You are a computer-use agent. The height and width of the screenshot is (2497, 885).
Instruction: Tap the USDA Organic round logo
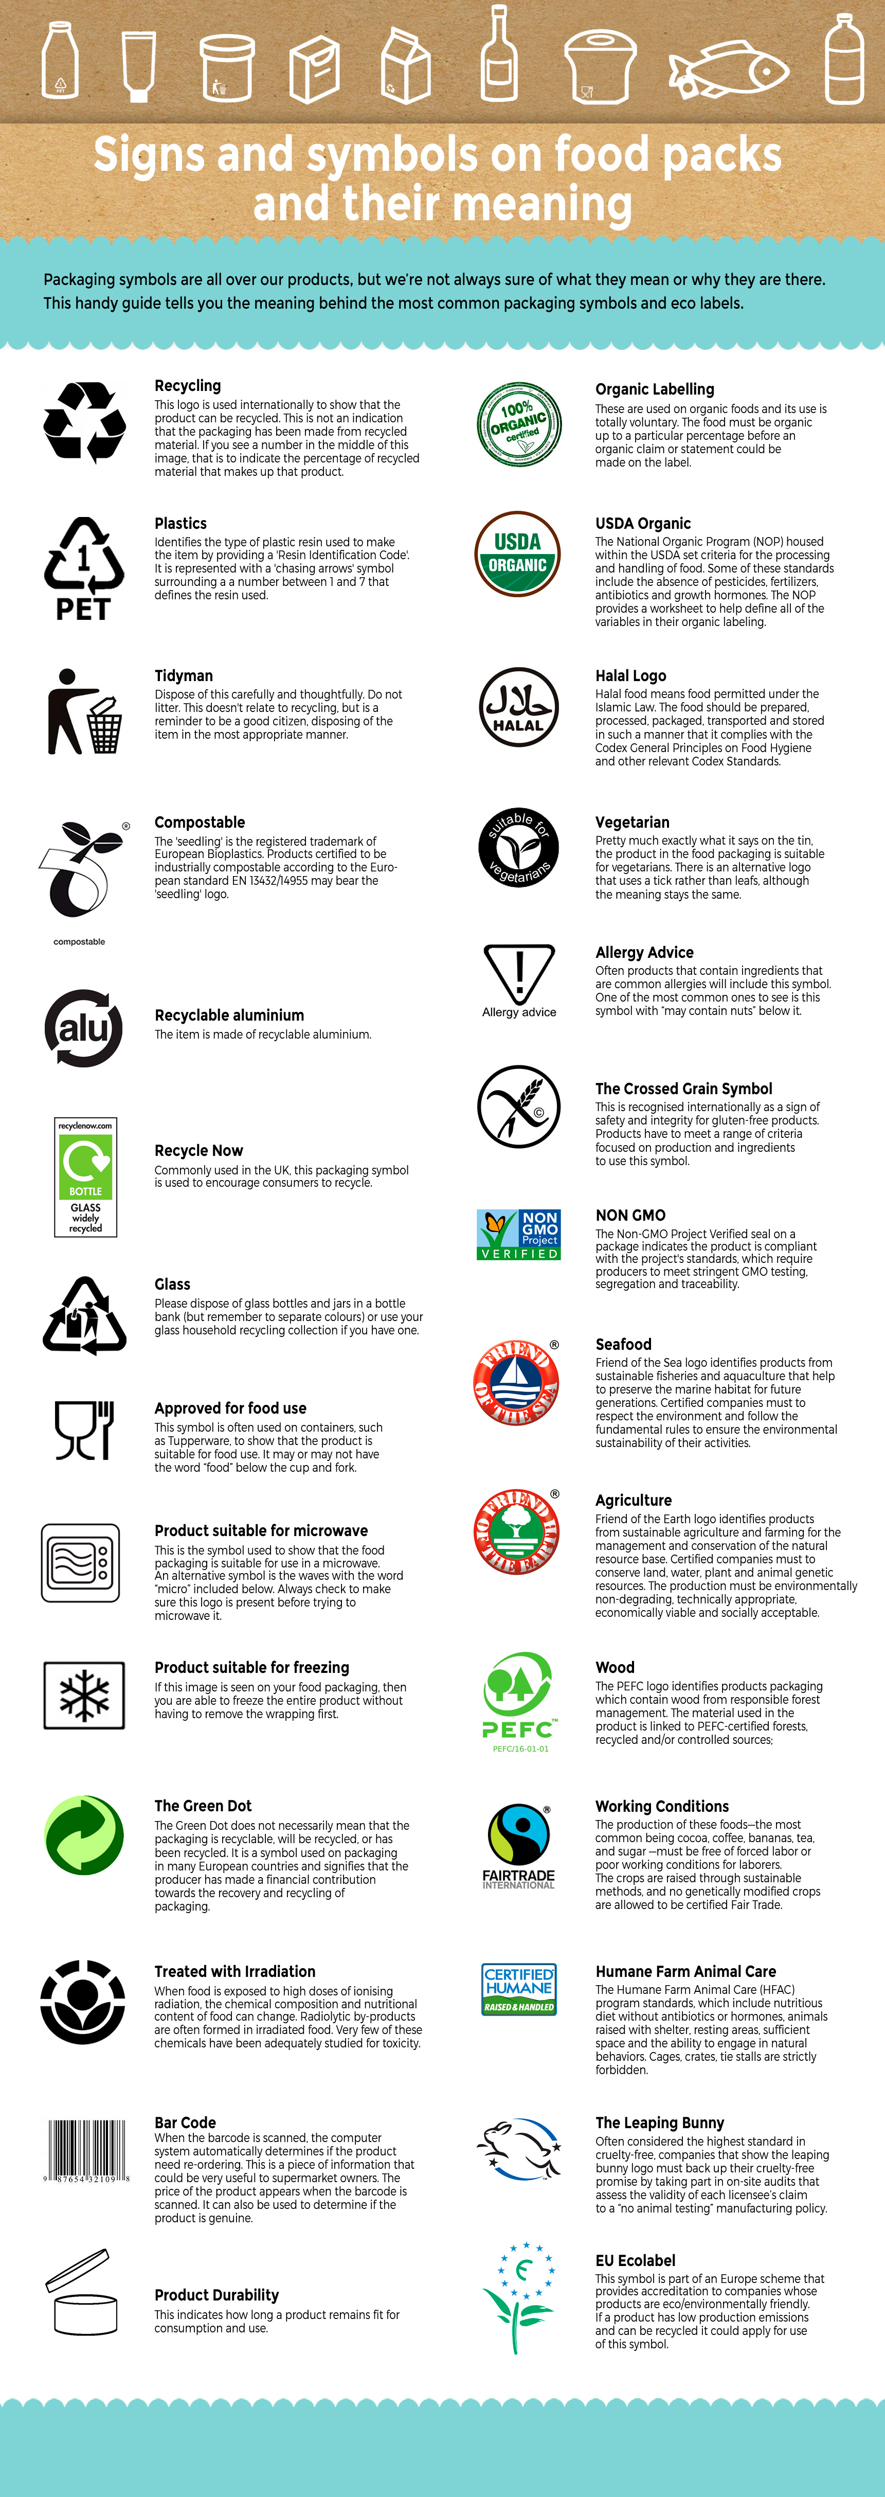point(518,554)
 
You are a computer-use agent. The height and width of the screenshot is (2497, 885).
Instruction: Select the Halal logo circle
point(518,707)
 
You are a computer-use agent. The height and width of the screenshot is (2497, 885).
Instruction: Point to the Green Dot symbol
point(84,1835)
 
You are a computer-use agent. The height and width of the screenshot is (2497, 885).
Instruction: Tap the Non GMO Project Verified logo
point(518,1234)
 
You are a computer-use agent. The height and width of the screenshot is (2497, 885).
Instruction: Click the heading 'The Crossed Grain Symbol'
point(683,1089)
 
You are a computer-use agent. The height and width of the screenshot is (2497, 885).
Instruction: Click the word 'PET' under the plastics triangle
point(83,609)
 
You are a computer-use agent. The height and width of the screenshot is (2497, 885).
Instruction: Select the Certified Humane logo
point(518,1988)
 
